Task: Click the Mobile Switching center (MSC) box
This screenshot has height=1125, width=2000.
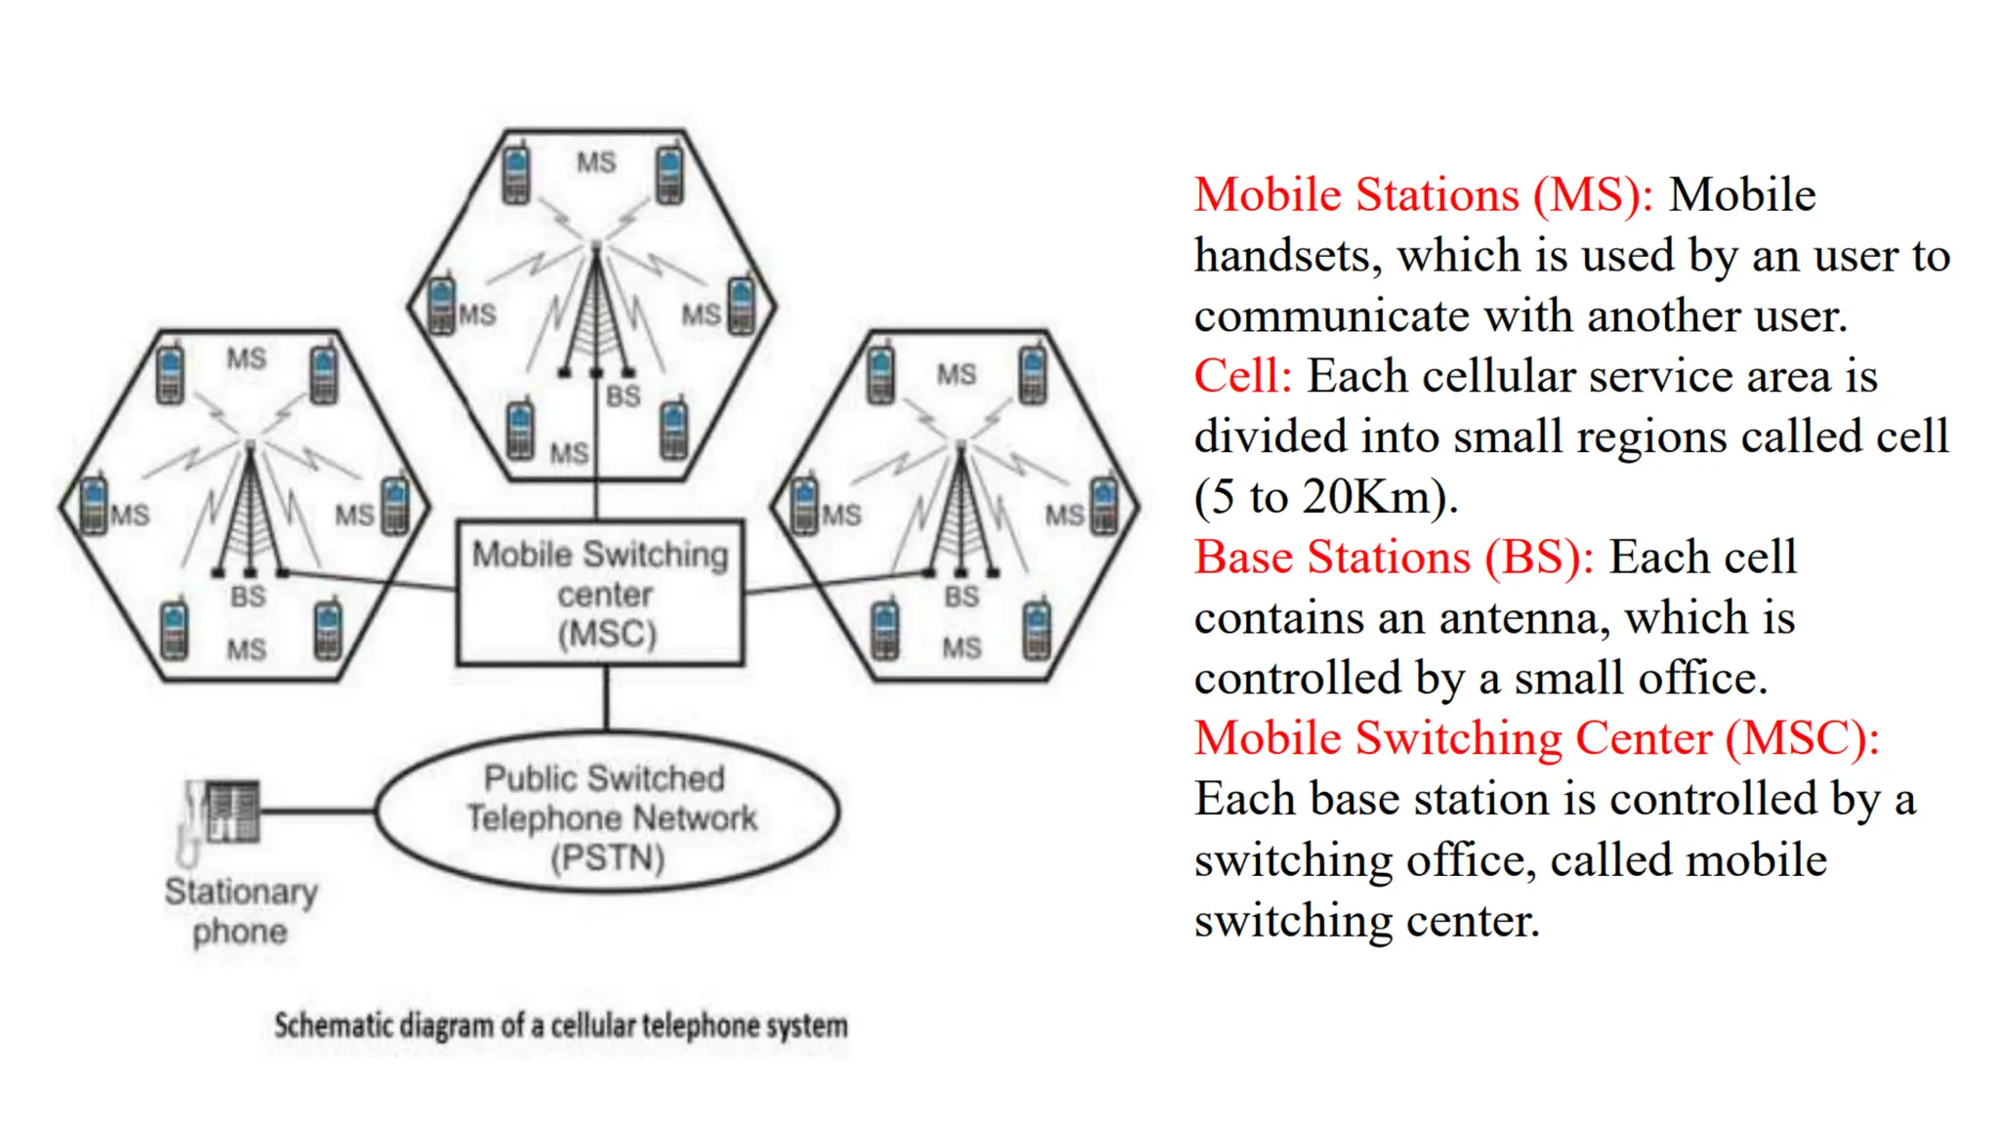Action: [601, 593]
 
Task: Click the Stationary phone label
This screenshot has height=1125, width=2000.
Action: [240, 910]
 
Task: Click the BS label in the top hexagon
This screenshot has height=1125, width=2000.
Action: [623, 396]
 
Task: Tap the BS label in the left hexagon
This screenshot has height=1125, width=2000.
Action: [248, 596]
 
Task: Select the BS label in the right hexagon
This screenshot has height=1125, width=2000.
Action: [961, 596]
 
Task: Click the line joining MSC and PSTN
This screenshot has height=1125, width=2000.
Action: [606, 698]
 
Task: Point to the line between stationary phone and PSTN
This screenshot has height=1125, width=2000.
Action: [318, 811]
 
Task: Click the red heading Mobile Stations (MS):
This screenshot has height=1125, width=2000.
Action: [1423, 194]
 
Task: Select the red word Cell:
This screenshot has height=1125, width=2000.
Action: [1242, 376]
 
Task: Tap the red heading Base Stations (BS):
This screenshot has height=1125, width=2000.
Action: [1394, 558]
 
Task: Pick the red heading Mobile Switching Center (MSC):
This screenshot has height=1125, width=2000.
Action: [1536, 738]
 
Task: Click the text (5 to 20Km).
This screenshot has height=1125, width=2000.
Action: [1325, 497]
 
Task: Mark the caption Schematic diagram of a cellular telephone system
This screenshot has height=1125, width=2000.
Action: [561, 1025]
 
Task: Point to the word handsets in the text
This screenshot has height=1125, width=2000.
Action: [1287, 256]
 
